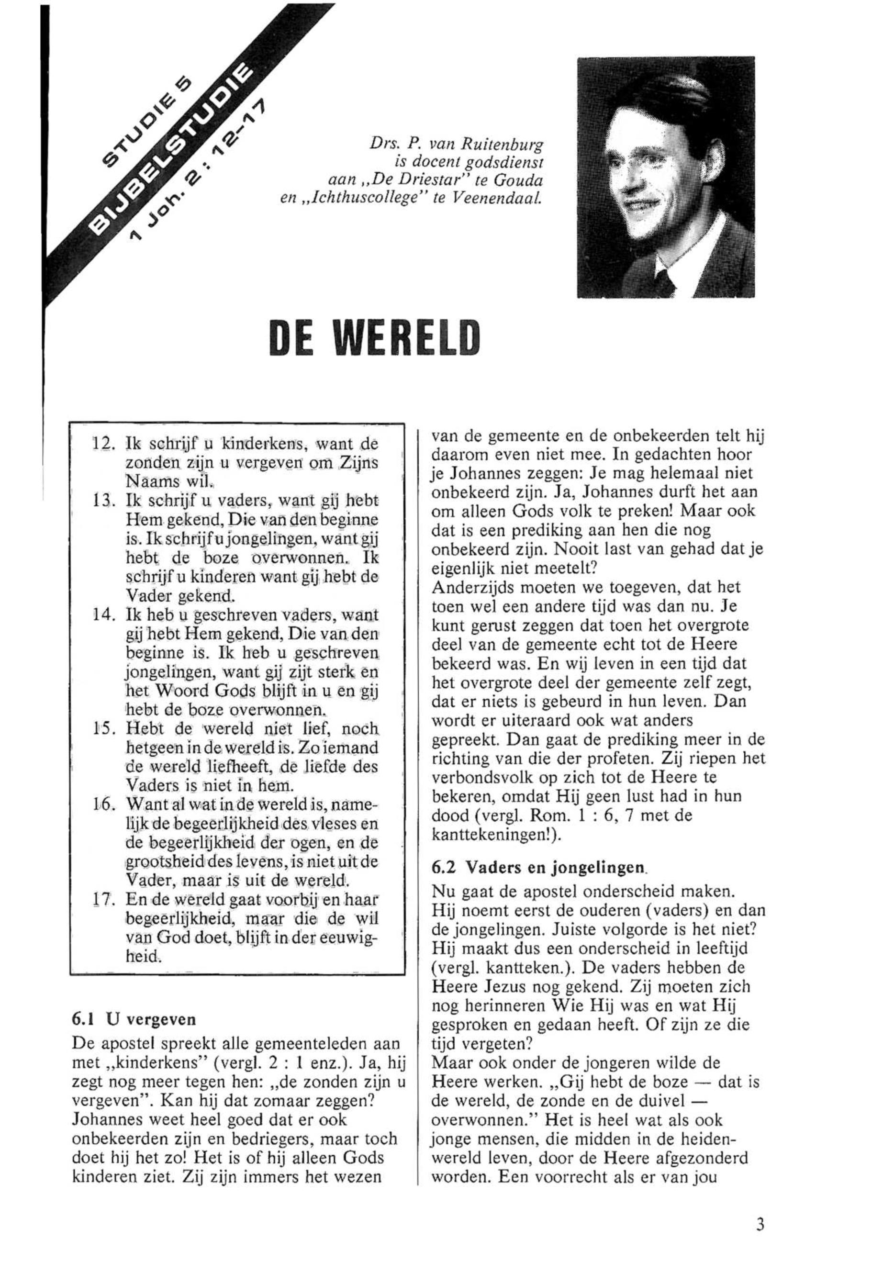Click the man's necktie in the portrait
pos(666,279)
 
